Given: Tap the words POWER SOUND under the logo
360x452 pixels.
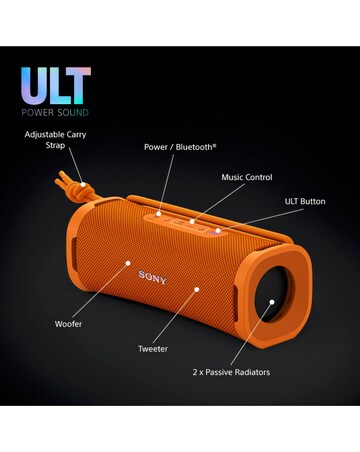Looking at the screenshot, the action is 55,112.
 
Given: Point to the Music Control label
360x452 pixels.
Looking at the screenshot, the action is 246,177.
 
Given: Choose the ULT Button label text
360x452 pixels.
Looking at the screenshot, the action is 304,202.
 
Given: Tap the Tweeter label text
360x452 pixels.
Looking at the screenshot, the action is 152,349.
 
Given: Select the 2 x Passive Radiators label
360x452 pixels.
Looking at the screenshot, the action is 231,372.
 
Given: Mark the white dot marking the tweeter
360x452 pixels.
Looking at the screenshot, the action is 197,289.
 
